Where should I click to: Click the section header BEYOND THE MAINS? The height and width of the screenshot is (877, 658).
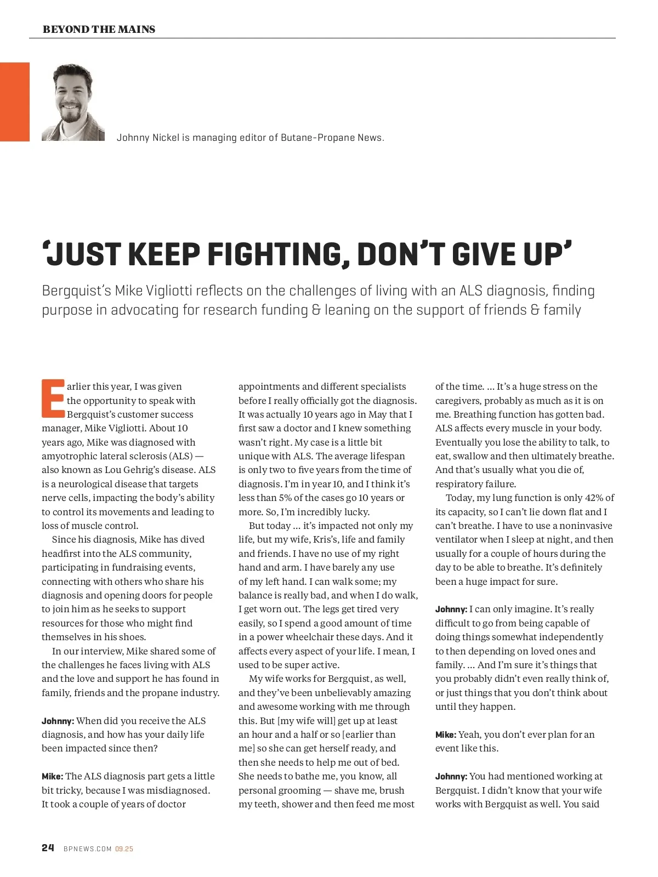pos(99,30)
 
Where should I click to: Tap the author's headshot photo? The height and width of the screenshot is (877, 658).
pos(73,102)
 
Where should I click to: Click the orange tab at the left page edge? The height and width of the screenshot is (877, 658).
pos(15,102)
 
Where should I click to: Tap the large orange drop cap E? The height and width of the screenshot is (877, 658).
pos(53,397)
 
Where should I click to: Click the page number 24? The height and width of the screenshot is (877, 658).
pos(48,848)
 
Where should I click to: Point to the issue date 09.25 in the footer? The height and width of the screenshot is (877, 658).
pos(124,849)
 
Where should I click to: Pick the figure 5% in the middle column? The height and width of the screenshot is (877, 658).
pos(279,498)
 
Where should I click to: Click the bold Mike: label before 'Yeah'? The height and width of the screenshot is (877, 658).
pos(445,734)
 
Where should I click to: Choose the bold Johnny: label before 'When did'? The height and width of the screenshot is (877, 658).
pos(58,721)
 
